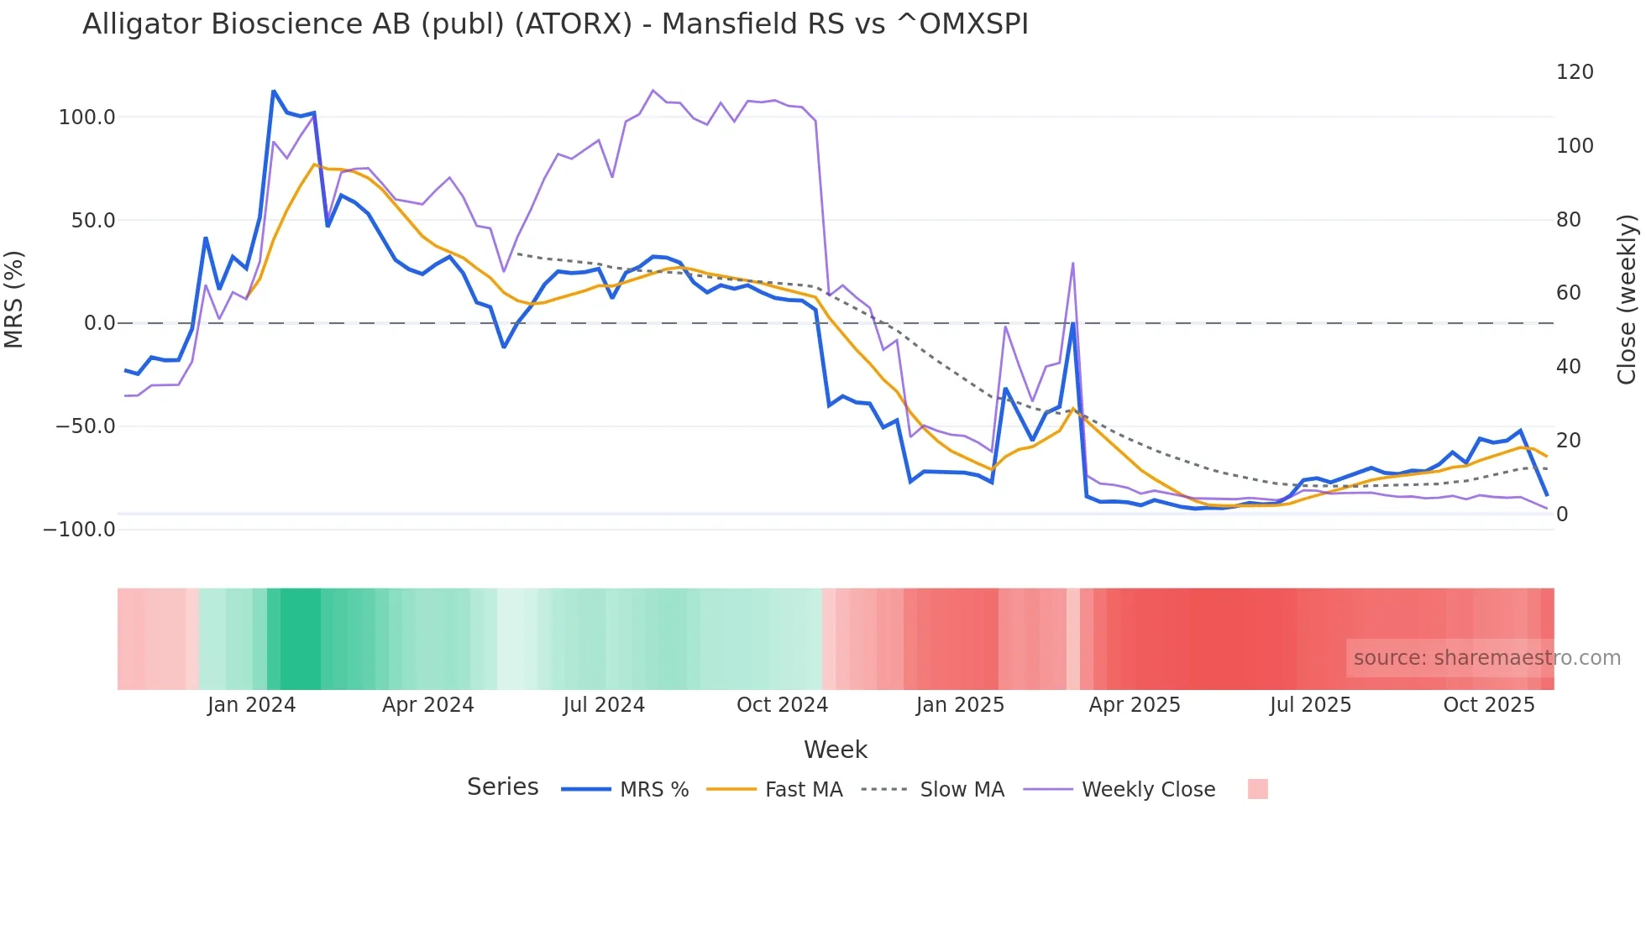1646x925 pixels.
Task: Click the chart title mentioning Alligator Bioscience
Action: (555, 24)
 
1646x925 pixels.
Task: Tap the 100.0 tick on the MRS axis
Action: (86, 118)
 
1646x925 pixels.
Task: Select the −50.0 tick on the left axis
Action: (85, 426)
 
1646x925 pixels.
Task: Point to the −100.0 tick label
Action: (79, 530)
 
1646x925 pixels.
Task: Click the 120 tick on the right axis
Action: (1575, 72)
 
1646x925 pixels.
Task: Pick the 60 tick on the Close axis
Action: (1568, 293)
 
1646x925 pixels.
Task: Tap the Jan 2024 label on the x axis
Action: (251, 705)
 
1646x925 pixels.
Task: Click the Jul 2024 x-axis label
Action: (604, 705)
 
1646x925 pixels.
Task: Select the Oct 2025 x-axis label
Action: (1488, 705)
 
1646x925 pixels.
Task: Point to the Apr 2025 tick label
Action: (1135, 705)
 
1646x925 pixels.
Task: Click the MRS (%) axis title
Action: (14, 299)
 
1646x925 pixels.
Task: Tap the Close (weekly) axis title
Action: (1627, 299)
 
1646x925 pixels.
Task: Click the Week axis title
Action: (836, 750)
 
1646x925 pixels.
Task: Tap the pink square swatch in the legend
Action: (1257, 789)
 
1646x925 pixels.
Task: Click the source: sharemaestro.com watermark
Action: (1486, 658)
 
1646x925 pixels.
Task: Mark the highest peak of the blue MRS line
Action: (274, 91)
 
